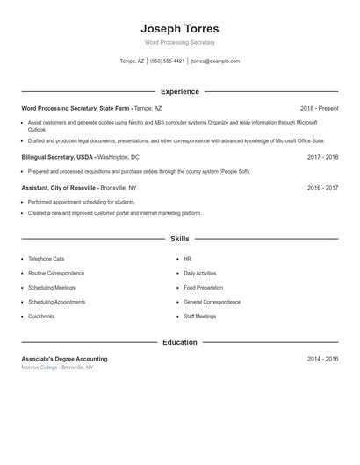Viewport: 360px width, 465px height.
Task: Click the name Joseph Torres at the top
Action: pyautogui.click(x=179, y=28)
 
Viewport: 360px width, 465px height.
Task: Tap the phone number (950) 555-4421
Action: pyautogui.click(x=167, y=61)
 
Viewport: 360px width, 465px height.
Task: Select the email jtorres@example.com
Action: pyautogui.click(x=215, y=61)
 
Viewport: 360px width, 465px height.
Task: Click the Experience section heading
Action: pyautogui.click(x=179, y=91)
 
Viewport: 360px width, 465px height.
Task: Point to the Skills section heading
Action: pyautogui.click(x=179, y=239)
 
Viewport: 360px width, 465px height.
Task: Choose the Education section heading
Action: pyautogui.click(x=179, y=342)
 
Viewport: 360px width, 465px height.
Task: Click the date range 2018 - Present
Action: pyautogui.click(x=319, y=109)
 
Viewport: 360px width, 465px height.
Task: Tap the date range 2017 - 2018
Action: pyautogui.click(x=322, y=157)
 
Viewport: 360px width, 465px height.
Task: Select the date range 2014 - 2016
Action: pyautogui.click(x=322, y=359)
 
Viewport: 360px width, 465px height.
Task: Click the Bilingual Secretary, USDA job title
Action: pyautogui.click(x=58, y=157)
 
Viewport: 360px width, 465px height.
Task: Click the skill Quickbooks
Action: pyautogui.click(x=41, y=316)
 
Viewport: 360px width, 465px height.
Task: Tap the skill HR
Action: pyautogui.click(x=187, y=259)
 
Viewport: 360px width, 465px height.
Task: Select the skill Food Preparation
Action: pyautogui.click(x=202, y=288)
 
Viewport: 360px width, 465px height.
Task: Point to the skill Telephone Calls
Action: pyautogui.click(x=46, y=259)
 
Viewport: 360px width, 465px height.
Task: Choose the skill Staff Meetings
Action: pyautogui.click(x=199, y=316)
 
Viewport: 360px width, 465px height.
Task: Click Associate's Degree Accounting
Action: pyautogui.click(x=64, y=359)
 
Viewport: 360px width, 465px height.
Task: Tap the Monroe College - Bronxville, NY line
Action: pyautogui.click(x=57, y=368)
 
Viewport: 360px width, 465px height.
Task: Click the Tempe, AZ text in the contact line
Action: pyautogui.click(x=132, y=61)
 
